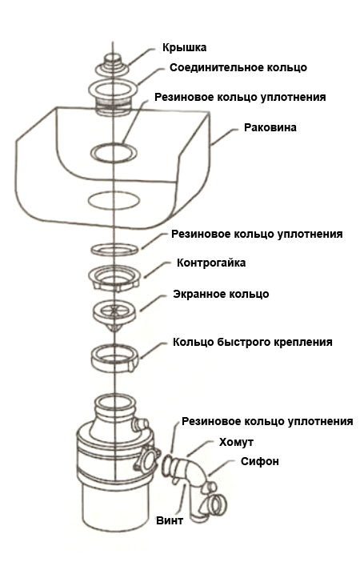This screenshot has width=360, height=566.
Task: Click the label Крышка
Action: click(184, 48)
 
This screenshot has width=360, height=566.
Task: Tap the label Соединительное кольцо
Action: click(238, 67)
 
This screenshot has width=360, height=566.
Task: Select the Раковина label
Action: click(270, 128)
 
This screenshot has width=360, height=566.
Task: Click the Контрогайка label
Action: click(211, 263)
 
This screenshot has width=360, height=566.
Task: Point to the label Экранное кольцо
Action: click(221, 294)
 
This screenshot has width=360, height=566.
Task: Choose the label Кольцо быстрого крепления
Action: click(253, 342)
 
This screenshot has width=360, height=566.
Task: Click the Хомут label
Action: click(236, 442)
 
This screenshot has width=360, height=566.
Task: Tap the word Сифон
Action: click(260, 461)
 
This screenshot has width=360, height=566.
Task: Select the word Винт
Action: click(170, 521)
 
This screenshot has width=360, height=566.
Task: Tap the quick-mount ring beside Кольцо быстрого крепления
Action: click(114, 359)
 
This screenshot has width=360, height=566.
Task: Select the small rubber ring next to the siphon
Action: click(168, 464)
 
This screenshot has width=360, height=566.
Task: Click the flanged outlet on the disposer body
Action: click(147, 459)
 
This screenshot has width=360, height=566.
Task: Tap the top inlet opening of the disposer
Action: click(114, 401)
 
